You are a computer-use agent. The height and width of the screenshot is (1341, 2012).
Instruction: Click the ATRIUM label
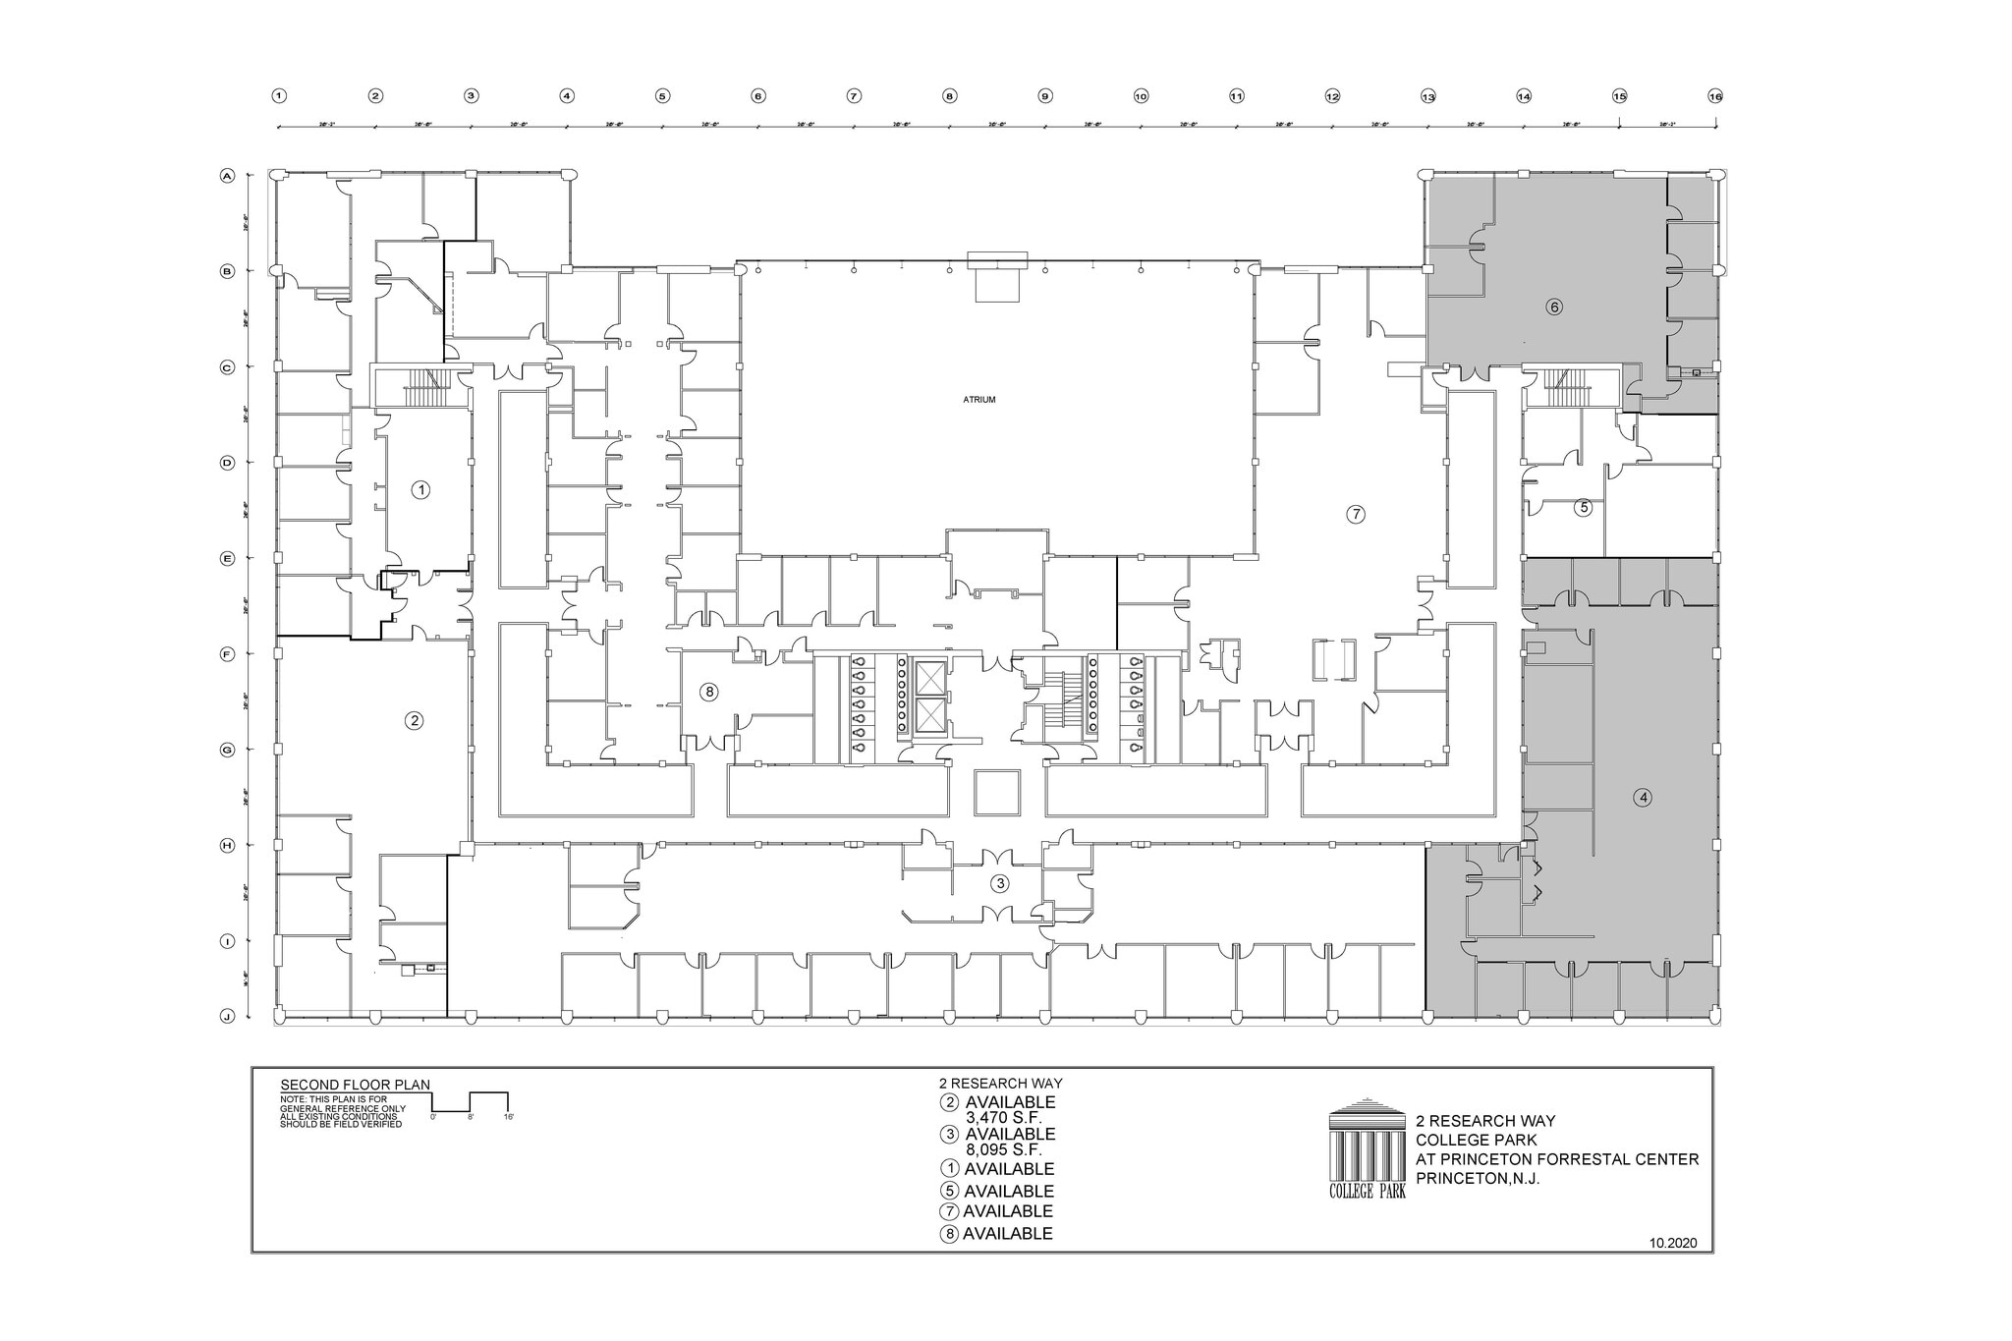pos(978,400)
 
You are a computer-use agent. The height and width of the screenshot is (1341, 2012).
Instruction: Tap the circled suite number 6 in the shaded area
pos(1553,307)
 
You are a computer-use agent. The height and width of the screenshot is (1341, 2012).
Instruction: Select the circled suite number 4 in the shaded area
pos(1643,798)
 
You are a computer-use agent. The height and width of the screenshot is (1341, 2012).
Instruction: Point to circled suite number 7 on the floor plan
pos(1356,514)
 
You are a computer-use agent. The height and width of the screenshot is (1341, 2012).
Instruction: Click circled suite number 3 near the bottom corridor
pos(1000,883)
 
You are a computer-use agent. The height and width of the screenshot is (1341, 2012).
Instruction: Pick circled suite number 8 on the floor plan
pos(708,693)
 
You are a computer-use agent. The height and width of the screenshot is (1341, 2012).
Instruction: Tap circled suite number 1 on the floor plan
pos(420,489)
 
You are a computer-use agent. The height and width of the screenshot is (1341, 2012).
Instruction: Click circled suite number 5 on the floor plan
pos(1583,508)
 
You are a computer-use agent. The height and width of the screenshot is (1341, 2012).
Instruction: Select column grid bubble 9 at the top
pos(1045,96)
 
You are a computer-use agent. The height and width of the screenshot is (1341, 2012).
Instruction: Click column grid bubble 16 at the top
pos(1715,96)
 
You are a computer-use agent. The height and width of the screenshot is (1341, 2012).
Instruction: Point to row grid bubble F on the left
pos(227,653)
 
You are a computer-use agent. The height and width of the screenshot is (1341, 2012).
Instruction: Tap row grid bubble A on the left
pos(227,176)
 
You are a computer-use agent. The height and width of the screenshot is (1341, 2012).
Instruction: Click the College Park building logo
pos(1367,1147)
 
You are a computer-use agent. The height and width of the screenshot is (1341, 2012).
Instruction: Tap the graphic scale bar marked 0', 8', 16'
pos(471,1104)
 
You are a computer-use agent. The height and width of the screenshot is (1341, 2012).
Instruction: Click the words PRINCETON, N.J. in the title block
pos(1477,1179)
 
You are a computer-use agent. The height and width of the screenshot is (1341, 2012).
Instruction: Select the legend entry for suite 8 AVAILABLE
pos(997,1234)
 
